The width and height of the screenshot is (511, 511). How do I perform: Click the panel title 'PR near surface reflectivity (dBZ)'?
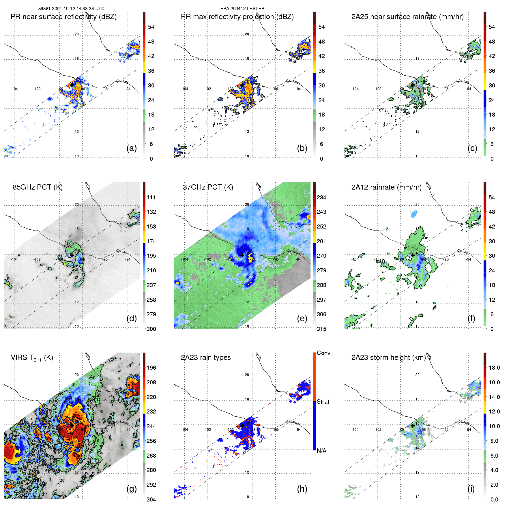tap(63, 17)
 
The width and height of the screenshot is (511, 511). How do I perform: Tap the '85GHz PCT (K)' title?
tap(38, 187)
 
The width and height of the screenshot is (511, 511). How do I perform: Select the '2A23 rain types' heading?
tap(205, 357)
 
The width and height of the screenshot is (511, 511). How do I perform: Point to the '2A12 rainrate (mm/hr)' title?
tap(386, 187)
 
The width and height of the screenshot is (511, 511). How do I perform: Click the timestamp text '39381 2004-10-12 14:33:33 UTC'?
tap(71, 9)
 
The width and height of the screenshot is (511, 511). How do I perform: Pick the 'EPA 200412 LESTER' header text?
tap(242, 9)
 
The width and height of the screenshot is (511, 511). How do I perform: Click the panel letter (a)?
tap(132, 148)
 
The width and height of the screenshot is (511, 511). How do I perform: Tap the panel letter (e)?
tap(302, 318)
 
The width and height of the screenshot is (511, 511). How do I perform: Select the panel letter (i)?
tap(471, 489)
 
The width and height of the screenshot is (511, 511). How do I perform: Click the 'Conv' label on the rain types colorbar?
tap(323, 353)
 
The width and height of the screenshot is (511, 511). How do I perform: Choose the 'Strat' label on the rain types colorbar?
tap(323, 402)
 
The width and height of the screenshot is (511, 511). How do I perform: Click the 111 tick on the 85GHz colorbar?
tap(151, 197)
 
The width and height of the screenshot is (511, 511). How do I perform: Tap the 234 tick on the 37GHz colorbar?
tap(321, 197)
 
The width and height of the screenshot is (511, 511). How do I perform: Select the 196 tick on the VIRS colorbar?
tap(151, 368)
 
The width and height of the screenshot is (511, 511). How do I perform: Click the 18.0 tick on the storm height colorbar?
tap(494, 368)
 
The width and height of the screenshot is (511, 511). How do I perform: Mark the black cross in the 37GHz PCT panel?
tap(242, 255)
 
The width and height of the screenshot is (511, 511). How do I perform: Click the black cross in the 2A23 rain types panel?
tap(242, 426)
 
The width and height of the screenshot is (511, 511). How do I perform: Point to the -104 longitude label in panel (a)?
tap(14, 89)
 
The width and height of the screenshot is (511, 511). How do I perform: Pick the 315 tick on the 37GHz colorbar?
tap(321, 329)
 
